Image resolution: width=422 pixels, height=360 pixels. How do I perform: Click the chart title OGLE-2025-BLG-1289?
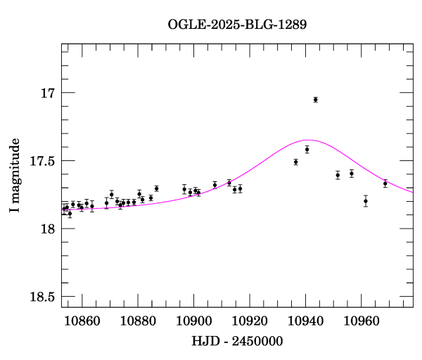point(237,24)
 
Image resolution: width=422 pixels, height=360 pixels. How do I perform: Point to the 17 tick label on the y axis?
point(46,93)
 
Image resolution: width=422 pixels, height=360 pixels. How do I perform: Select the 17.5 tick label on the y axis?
point(41,161)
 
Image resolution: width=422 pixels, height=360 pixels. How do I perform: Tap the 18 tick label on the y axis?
point(46,229)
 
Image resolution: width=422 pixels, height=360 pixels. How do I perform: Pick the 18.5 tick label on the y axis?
point(41,297)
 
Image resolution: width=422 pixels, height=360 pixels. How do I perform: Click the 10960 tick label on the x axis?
point(362,320)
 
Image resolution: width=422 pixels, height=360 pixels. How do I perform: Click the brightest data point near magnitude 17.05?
point(315,100)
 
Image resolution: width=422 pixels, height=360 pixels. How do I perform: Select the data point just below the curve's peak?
point(307,149)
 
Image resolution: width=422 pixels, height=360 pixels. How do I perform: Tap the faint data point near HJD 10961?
point(366,201)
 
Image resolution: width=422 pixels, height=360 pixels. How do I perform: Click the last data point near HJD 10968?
point(385,184)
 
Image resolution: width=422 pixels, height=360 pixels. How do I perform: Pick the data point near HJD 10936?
point(295,162)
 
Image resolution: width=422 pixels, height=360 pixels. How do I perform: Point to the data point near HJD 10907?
point(215,185)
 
